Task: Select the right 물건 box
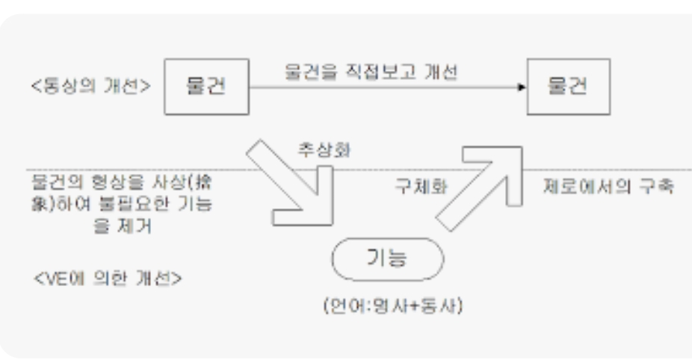pos(567,87)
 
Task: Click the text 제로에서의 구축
pos(609,187)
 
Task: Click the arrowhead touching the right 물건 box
pos(521,88)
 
